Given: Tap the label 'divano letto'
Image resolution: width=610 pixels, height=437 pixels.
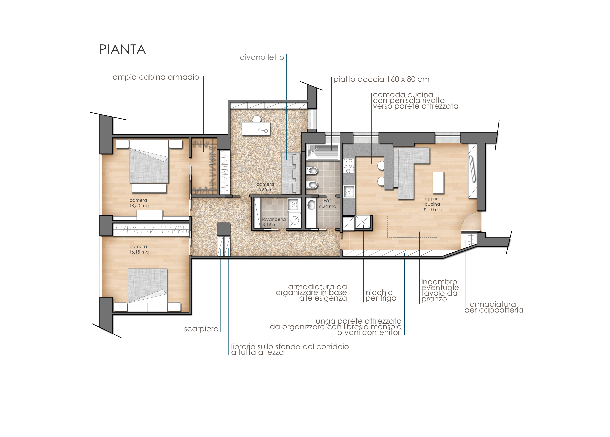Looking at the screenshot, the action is coord(262,57).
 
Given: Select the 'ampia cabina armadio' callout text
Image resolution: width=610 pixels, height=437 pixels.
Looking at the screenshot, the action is coord(156,77).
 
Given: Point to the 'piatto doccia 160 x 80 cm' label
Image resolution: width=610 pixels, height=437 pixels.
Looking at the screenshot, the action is coord(381,79).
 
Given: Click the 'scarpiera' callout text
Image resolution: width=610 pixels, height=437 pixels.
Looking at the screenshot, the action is coord(201,329).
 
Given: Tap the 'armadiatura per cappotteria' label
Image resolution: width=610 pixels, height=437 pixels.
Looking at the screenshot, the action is coord(494,307).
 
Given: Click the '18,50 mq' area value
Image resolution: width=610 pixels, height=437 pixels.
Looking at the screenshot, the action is coord(139,206).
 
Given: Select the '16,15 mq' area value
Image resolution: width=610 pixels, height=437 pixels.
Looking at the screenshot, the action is coord(139,252).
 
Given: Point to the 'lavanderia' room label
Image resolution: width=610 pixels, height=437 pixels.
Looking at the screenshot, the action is coord(274,219).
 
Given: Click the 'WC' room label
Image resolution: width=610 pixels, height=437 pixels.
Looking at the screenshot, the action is coord(328,201).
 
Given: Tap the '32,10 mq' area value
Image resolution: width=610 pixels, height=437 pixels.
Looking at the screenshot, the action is coord(432,210).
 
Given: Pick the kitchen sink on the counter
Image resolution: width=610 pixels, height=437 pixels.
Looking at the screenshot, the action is coord(349,191).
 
